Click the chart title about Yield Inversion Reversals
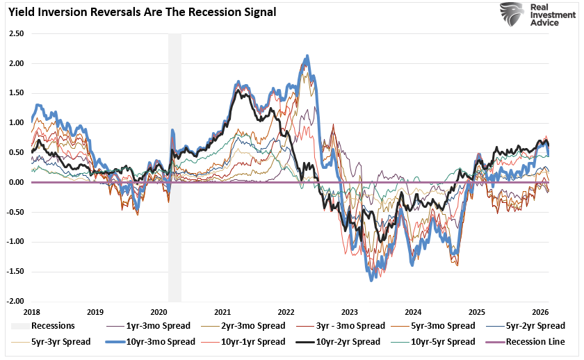(143, 12)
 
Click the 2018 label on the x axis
(31, 313)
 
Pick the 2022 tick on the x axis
(286, 313)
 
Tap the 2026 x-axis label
(541, 313)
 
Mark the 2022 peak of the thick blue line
(307, 56)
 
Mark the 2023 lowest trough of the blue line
(371, 279)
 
